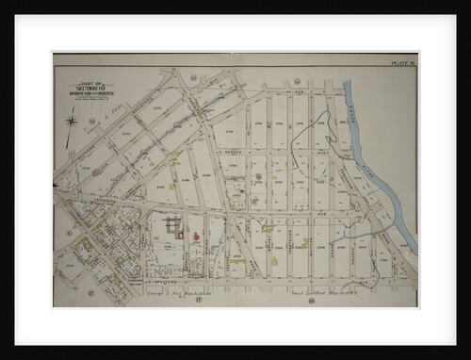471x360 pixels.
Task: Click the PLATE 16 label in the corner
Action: coord(403,65)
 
